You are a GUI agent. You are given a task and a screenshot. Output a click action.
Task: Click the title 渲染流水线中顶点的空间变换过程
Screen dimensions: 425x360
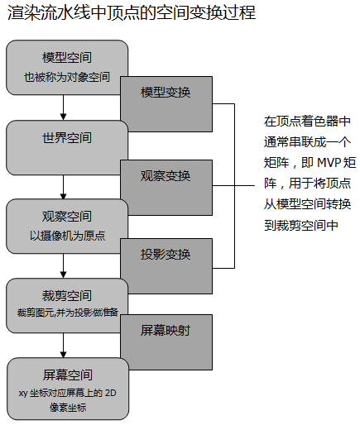click(131, 14)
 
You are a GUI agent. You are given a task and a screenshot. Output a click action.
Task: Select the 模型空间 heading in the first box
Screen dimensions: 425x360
click(67, 58)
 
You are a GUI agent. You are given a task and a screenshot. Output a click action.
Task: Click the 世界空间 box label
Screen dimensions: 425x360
click(67, 137)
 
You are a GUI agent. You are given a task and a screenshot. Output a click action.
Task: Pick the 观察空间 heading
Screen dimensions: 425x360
click(67, 216)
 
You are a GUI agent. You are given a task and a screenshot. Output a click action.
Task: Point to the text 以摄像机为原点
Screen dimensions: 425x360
click(67, 235)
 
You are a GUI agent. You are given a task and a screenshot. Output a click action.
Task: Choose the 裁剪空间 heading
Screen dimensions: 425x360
click(67, 295)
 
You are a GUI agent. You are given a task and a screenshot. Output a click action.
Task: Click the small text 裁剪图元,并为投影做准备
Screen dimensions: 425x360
click(67, 312)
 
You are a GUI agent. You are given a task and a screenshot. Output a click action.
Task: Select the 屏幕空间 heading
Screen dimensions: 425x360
click(67, 374)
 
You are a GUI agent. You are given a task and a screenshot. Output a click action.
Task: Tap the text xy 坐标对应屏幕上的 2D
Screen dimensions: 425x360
click(67, 392)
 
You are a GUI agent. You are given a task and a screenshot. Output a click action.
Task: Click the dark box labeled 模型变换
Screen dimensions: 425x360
click(166, 92)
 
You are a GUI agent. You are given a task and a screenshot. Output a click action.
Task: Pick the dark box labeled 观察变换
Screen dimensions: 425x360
click(166, 175)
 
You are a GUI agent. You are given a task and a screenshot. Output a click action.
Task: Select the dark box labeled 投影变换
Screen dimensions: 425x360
click(166, 253)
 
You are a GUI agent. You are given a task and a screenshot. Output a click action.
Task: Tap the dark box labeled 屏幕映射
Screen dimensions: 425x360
click(166, 331)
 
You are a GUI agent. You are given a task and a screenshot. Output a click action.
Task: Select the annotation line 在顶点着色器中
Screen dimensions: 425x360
click(307, 121)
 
